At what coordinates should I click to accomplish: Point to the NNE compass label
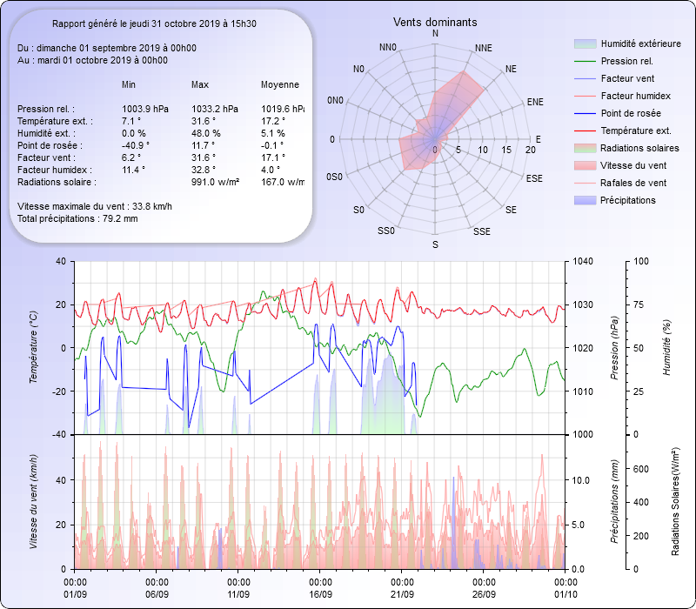(x=485, y=48)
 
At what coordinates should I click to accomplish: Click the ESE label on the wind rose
(x=534, y=178)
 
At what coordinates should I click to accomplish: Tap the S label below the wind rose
(x=435, y=245)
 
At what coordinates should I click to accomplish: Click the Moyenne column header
(x=280, y=84)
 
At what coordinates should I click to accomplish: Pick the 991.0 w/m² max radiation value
(x=215, y=182)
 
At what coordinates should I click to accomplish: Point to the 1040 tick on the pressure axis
(x=583, y=261)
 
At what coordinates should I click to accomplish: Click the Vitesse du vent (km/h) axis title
(x=33, y=500)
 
